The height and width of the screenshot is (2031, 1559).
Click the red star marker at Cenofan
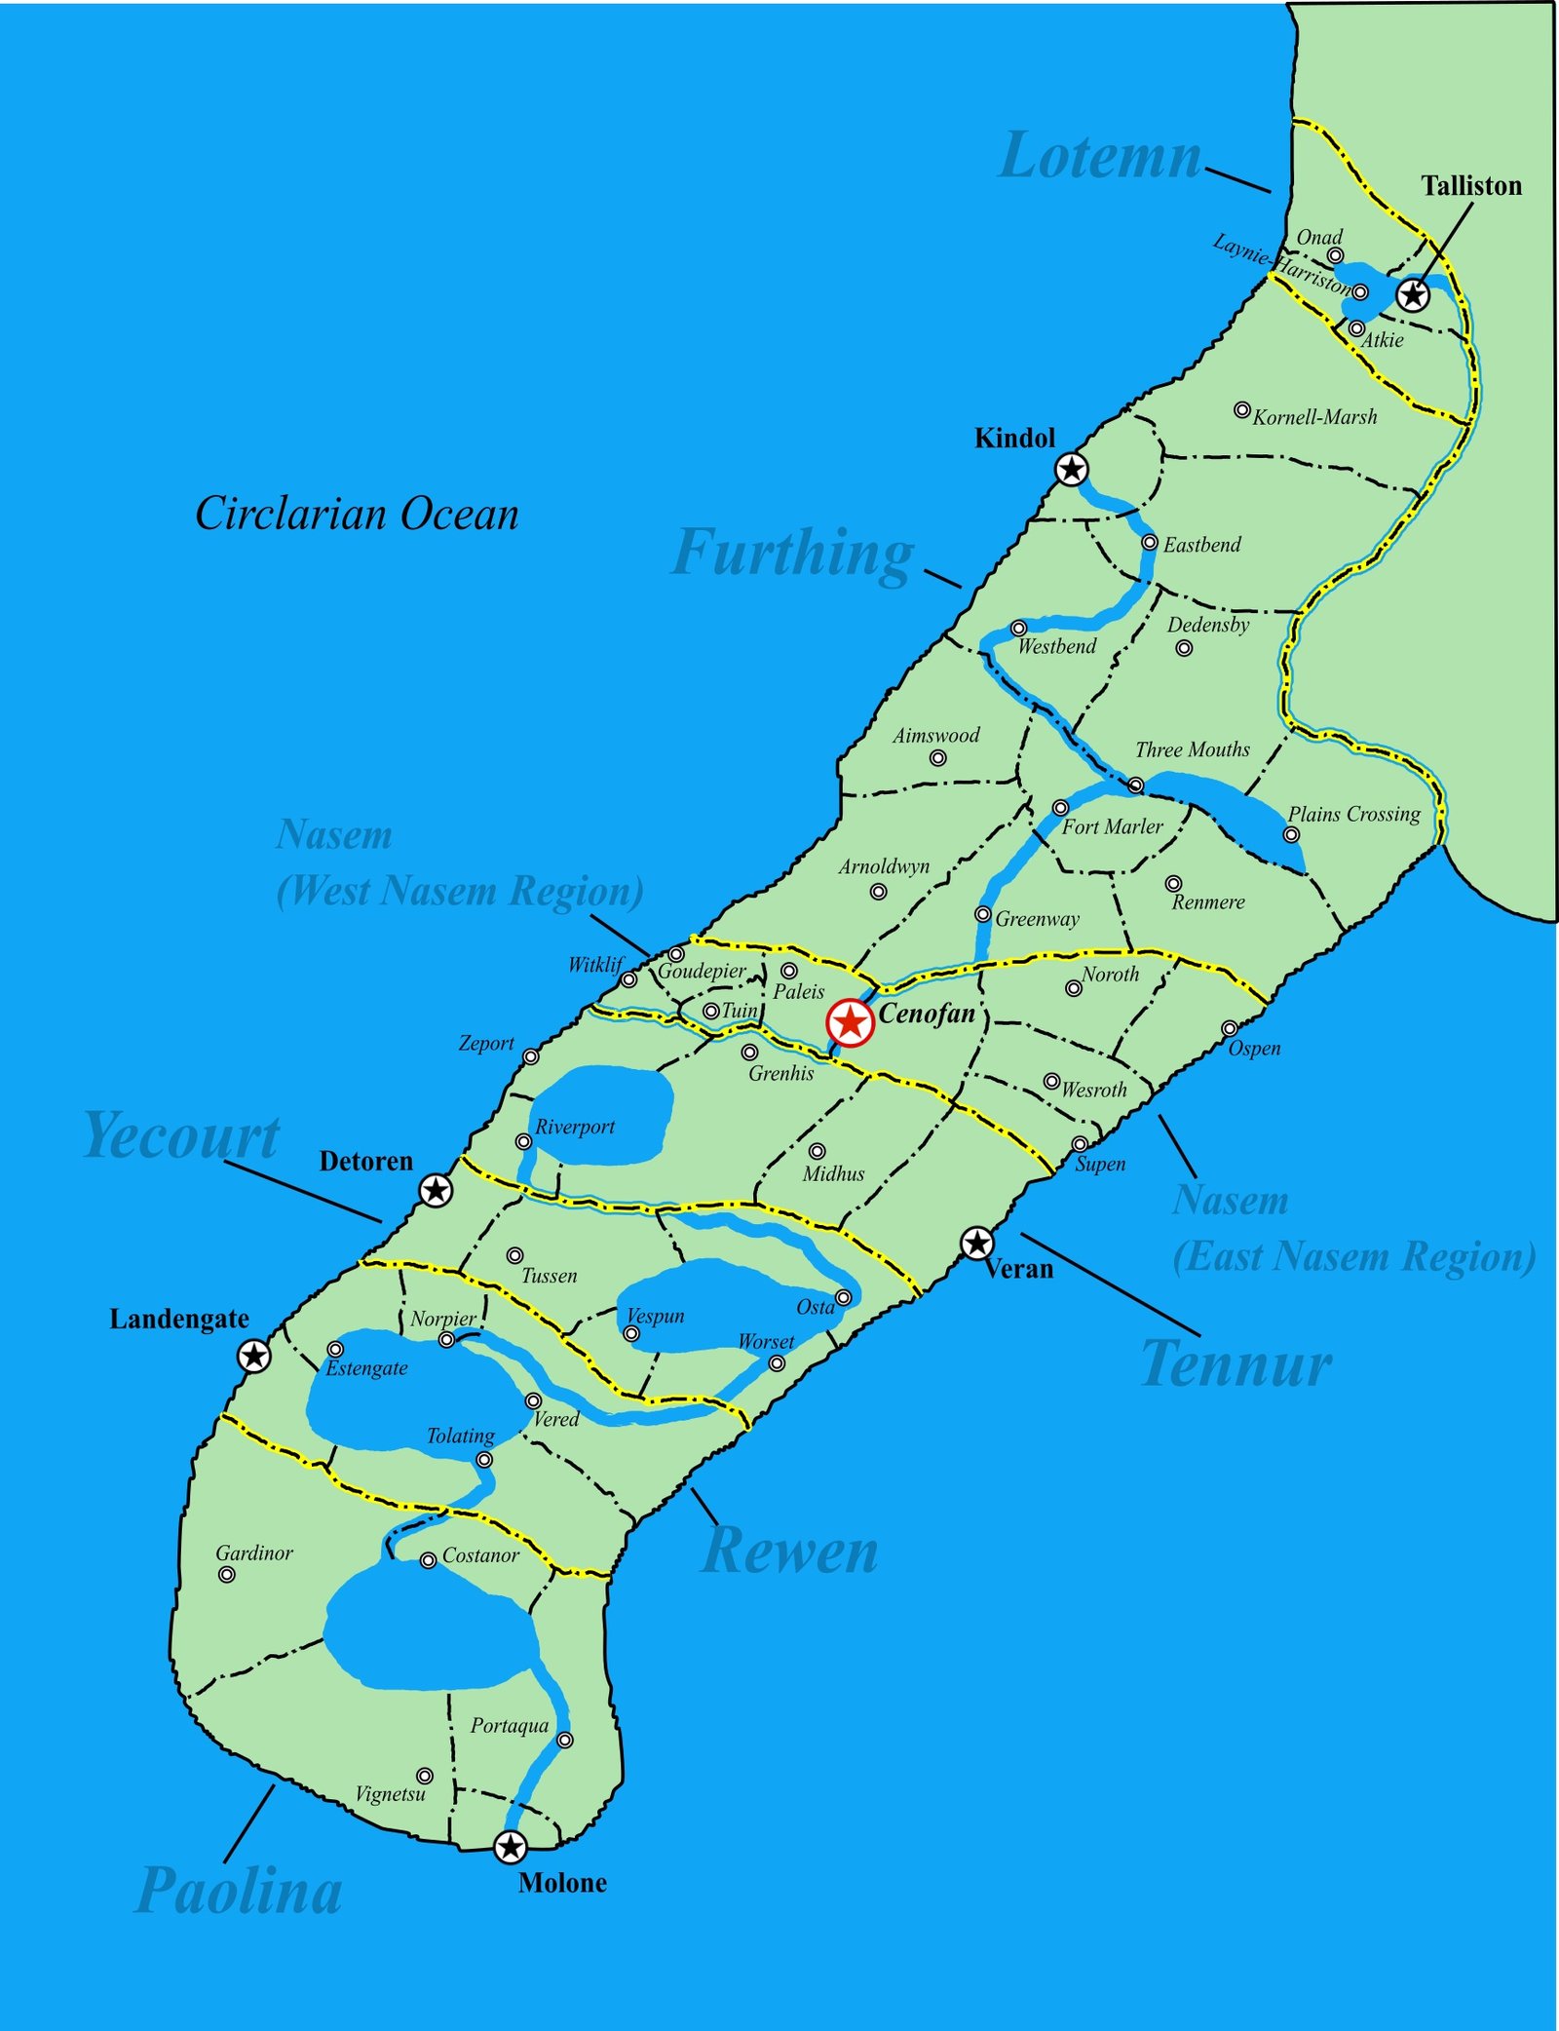point(850,1023)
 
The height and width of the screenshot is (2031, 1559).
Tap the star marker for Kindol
point(1072,470)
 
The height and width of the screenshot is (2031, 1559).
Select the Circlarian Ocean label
point(357,514)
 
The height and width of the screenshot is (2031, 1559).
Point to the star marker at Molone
point(510,1847)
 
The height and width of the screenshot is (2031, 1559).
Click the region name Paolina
point(240,1892)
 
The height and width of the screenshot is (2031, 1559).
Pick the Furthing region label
point(793,554)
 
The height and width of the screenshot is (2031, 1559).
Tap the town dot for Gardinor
point(227,1574)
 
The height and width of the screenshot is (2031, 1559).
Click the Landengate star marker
point(254,1356)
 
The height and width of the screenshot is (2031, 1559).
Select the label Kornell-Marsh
point(1314,417)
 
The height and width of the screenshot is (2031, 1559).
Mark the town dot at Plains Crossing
point(1291,834)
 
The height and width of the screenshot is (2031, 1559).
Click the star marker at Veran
point(976,1243)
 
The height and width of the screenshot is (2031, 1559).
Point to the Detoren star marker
point(436,1190)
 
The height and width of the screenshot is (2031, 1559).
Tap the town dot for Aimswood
point(937,758)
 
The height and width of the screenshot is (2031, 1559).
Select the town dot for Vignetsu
point(425,1776)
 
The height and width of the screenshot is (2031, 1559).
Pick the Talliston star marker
point(1413,294)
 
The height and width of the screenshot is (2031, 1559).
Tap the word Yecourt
point(182,1136)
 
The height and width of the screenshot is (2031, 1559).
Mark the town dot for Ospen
point(1230,1028)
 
